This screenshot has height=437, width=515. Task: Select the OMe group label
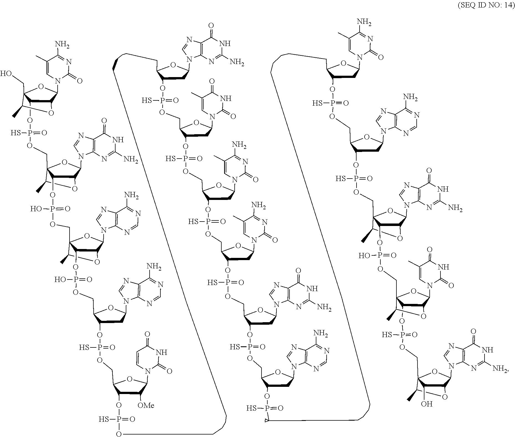(146, 406)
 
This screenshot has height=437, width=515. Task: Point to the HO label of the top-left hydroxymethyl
(6, 73)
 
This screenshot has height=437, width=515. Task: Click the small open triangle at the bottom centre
(267, 420)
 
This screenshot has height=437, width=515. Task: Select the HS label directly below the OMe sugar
(104, 419)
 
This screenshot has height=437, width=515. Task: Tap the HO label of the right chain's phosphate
(364, 255)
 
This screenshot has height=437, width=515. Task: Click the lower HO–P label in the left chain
(60, 280)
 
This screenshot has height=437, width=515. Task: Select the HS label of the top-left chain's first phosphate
(16, 133)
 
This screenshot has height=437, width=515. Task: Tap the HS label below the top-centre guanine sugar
(147, 100)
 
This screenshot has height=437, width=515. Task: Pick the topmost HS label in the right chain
(317, 103)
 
